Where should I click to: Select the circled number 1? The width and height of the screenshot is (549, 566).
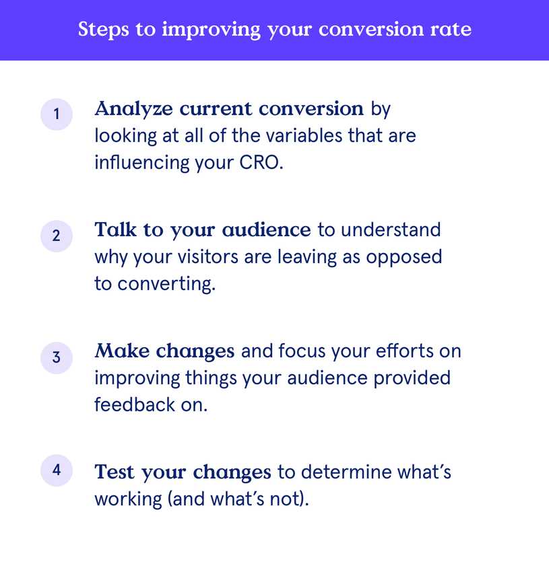click(x=57, y=114)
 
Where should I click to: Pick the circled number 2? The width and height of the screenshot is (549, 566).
click(x=57, y=236)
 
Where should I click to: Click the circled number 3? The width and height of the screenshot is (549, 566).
click(x=57, y=357)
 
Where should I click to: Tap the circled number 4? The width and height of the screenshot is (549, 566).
click(x=57, y=470)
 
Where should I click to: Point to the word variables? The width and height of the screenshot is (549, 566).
click(x=297, y=135)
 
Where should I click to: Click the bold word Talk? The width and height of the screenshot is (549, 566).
click(x=116, y=230)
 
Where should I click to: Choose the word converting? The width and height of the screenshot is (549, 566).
click(x=166, y=284)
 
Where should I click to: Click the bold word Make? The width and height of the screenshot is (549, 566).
click(x=121, y=351)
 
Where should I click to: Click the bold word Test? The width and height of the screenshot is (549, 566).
click(x=115, y=472)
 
